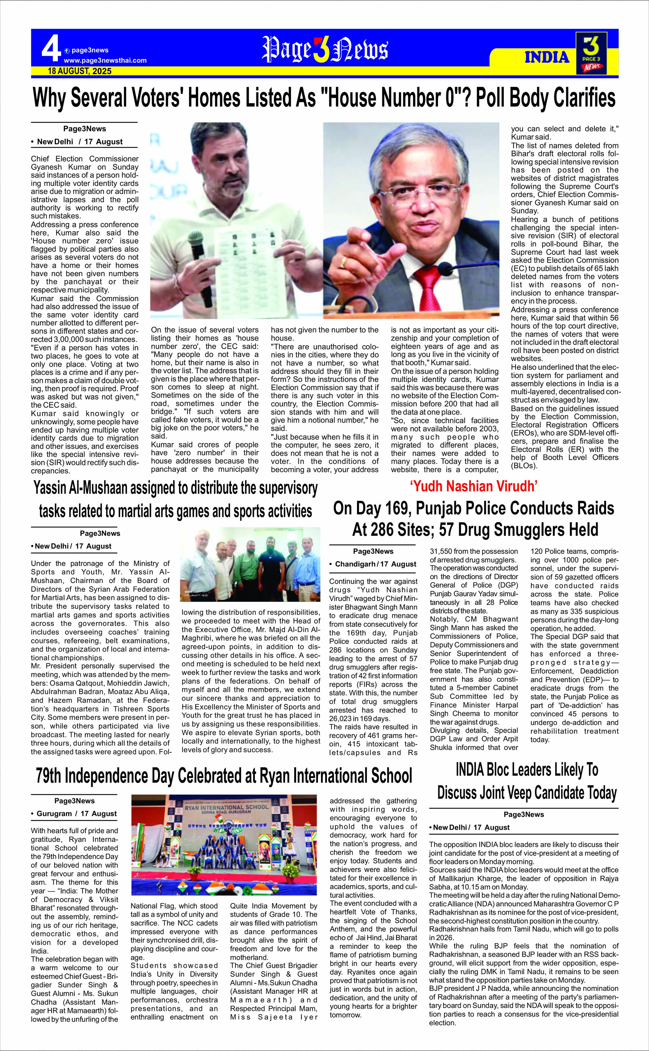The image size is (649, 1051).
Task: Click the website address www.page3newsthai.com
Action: [x=105, y=60]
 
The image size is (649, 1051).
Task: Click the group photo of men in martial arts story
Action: [x=250, y=564]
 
